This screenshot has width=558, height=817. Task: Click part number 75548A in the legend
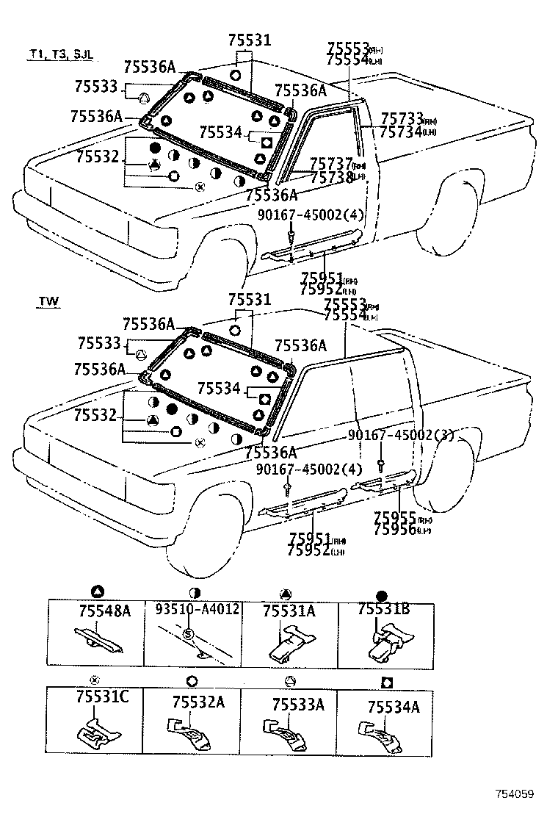tap(104, 611)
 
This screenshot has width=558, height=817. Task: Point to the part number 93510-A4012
tap(197, 610)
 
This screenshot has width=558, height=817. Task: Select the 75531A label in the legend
tap(288, 611)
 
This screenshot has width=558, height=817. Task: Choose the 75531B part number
tap(383, 609)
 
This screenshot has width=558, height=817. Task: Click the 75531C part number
tap(102, 697)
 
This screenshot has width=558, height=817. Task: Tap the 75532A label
tap(196, 702)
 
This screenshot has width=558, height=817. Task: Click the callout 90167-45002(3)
tap(400, 436)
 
